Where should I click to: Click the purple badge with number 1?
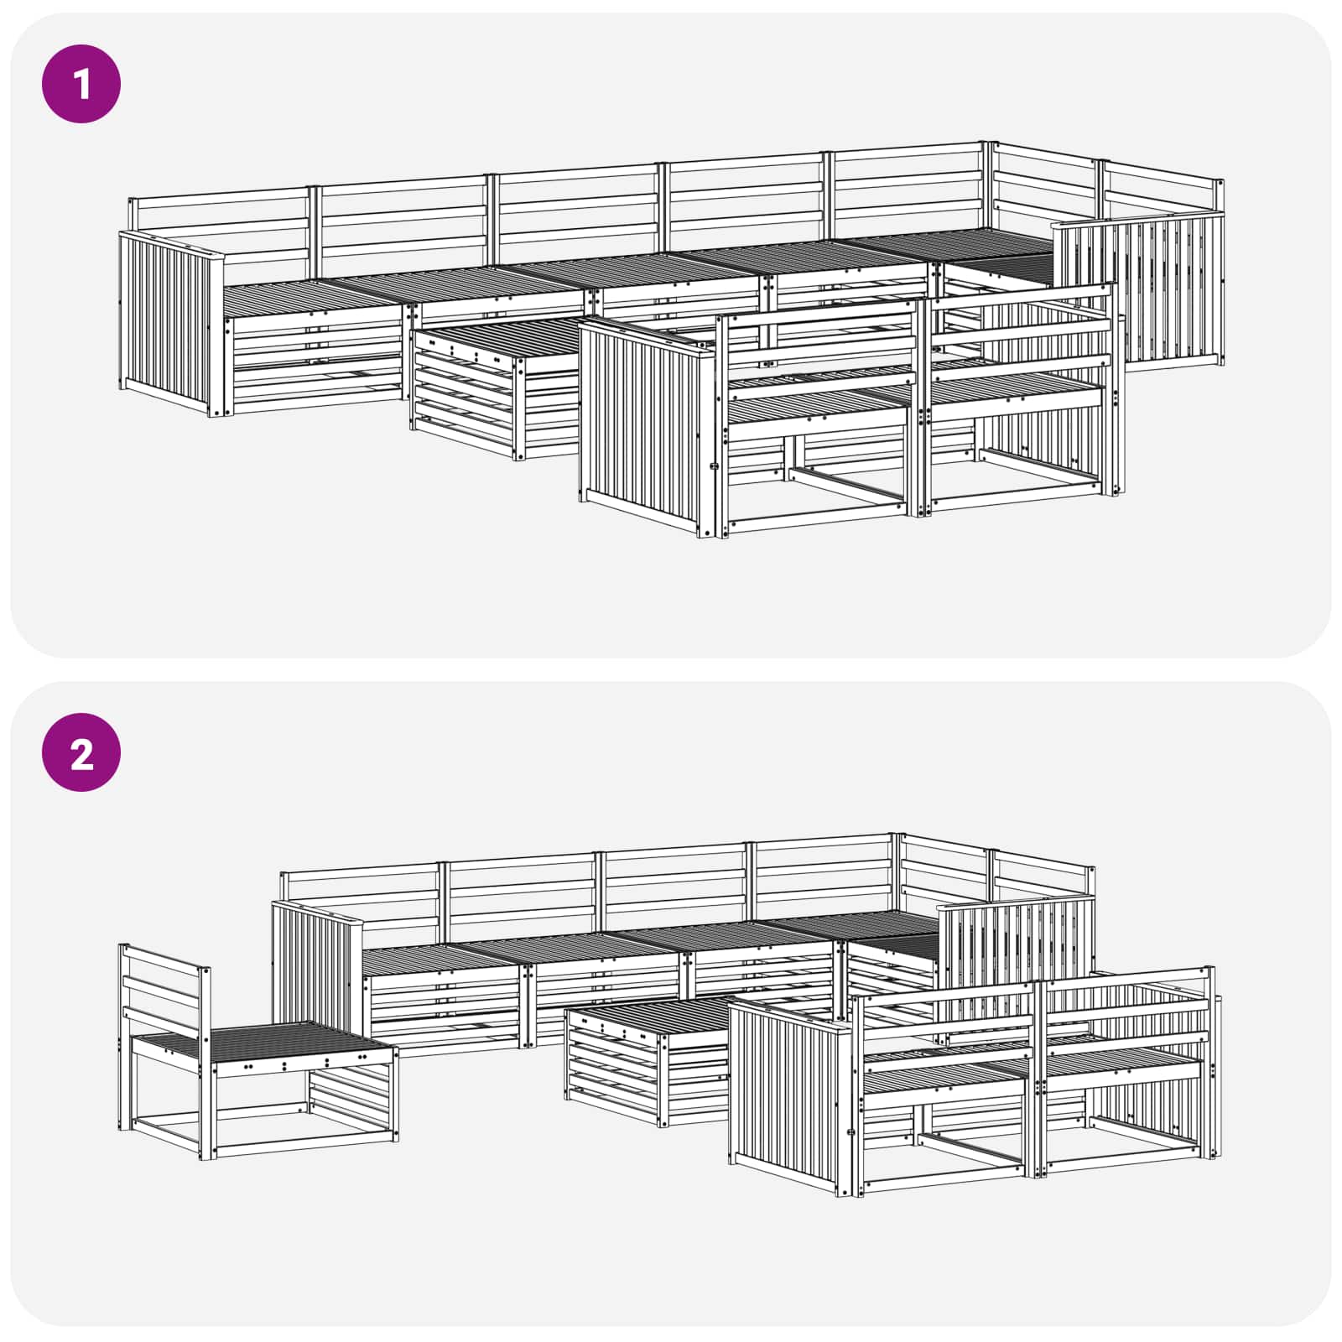click(x=81, y=84)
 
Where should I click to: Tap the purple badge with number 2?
click(x=81, y=752)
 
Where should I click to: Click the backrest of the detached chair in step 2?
click(x=164, y=990)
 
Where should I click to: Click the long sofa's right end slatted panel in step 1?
click(x=1140, y=289)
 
